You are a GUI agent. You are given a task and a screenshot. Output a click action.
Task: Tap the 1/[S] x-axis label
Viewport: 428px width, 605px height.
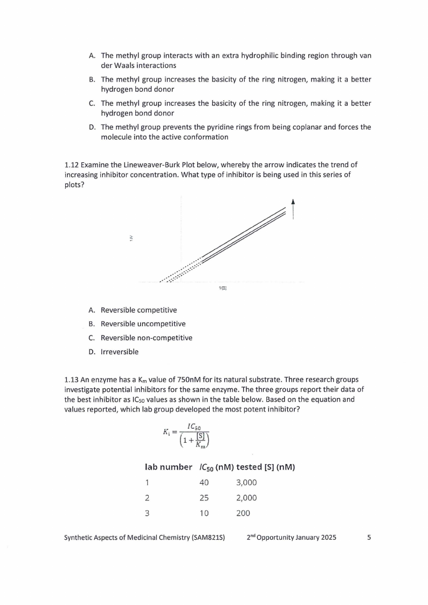pos(223,288)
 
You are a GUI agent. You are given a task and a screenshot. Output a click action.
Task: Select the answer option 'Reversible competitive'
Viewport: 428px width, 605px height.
pos(139,310)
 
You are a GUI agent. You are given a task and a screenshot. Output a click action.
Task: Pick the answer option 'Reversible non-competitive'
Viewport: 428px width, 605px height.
pos(146,338)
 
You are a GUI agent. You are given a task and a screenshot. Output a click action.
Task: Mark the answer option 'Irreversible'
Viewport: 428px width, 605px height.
pos(120,352)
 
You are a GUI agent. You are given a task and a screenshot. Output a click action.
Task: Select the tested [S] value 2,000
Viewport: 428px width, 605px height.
pos(246,498)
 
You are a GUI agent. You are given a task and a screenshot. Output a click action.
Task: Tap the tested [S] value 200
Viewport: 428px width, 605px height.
pos(243,513)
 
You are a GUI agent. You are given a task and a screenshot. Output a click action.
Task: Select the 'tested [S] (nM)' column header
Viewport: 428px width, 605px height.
pos(265,467)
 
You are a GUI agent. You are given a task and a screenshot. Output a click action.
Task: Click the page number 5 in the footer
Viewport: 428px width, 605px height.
pos(369,538)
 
